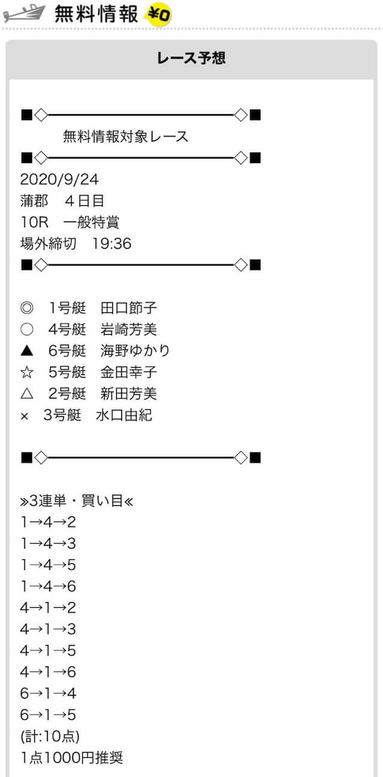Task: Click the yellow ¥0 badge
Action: point(159,15)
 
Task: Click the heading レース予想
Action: point(191,58)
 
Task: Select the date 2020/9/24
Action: point(59,179)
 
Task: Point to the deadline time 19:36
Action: point(112,243)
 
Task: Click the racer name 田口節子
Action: point(129,307)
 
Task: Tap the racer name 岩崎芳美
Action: point(129,329)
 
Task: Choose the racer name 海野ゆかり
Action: point(135,351)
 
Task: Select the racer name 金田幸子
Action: point(129,372)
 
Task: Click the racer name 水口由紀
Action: point(124,415)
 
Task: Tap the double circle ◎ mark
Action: point(27,307)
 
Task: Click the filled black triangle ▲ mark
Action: point(27,351)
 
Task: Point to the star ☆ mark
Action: point(27,372)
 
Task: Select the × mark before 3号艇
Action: point(25,416)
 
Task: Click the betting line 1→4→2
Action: point(48,522)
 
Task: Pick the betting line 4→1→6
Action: point(48,672)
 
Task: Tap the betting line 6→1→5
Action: point(48,715)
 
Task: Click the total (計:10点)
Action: point(50,736)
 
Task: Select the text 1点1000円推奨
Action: point(72,758)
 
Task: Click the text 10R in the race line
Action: point(34,222)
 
